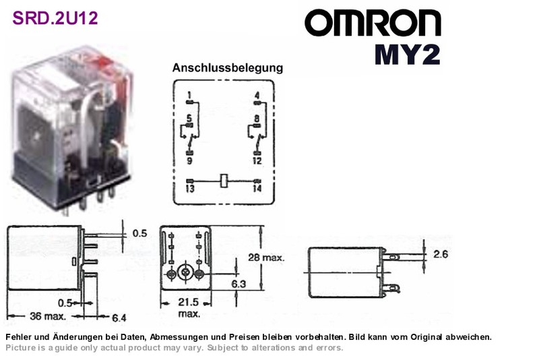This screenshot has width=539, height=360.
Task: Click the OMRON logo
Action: click(373, 23)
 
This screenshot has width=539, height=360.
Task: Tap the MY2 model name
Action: click(408, 55)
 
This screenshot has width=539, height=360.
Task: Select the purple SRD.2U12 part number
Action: click(55, 18)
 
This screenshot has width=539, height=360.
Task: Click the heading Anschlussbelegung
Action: click(228, 67)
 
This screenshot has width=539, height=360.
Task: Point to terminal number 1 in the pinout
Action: click(189, 95)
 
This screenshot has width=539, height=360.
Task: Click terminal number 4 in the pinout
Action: click(257, 95)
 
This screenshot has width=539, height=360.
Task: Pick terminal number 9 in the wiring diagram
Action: click(189, 160)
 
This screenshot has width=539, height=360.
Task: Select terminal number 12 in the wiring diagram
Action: click(257, 160)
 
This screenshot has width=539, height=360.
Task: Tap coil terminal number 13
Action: click(190, 188)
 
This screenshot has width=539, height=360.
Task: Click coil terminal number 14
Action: click(257, 188)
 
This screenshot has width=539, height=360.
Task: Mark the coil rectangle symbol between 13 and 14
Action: click(224, 181)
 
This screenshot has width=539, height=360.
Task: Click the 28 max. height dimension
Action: click(266, 258)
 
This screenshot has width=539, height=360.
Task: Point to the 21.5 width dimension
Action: click(189, 302)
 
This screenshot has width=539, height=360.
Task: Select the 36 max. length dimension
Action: click(48, 316)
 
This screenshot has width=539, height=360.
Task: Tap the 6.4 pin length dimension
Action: click(119, 318)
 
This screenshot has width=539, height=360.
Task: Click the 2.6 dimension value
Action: click(441, 254)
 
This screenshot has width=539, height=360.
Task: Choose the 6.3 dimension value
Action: click(239, 284)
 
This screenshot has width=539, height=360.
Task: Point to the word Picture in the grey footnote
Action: click(21, 348)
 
